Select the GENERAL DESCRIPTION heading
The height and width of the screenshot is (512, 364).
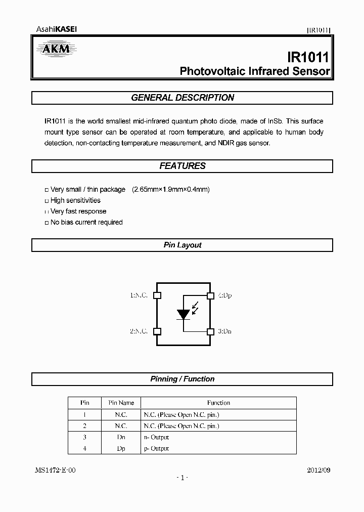[183, 98]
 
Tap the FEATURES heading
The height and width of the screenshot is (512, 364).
[183, 166]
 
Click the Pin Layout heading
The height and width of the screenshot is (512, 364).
[183, 245]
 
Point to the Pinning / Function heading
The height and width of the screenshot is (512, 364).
[183, 379]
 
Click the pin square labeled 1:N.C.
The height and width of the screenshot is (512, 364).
[157, 295]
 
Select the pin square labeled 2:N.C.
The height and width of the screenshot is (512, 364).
[157, 331]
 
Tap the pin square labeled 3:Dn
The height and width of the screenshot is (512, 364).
[210, 331]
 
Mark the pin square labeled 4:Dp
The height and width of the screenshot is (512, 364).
[210, 295]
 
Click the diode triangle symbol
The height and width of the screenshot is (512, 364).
[183, 314]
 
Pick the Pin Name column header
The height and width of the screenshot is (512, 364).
[121, 403]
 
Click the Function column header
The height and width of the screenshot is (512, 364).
[218, 403]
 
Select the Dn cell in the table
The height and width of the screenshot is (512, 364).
[121, 437]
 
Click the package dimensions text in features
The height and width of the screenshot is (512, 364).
[171, 189]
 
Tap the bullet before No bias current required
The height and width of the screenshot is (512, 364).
[47, 223]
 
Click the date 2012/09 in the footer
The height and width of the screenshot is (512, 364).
[318, 470]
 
